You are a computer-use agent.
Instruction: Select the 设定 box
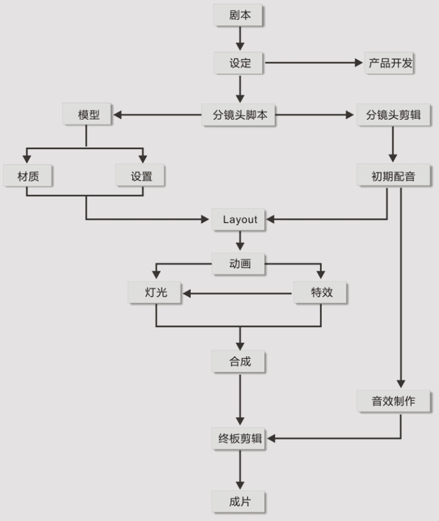point(239,64)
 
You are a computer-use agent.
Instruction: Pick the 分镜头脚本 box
point(239,115)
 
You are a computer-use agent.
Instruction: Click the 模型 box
point(88,115)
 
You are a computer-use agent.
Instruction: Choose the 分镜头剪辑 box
point(393,115)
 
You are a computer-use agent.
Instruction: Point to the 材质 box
point(27,175)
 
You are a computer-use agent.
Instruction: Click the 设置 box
point(141,175)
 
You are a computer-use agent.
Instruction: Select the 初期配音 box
point(393,175)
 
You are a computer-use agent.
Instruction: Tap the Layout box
point(240,219)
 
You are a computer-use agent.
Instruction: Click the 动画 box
point(239,264)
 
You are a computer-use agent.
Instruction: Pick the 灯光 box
point(156,293)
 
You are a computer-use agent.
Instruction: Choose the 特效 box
point(321,293)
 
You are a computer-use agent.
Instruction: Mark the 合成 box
point(239,361)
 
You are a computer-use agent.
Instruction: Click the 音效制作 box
point(393,401)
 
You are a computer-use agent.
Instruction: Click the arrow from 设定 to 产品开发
point(313,64)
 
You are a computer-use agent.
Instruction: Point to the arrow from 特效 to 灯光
point(238,294)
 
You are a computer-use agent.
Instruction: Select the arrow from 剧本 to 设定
point(240,39)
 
